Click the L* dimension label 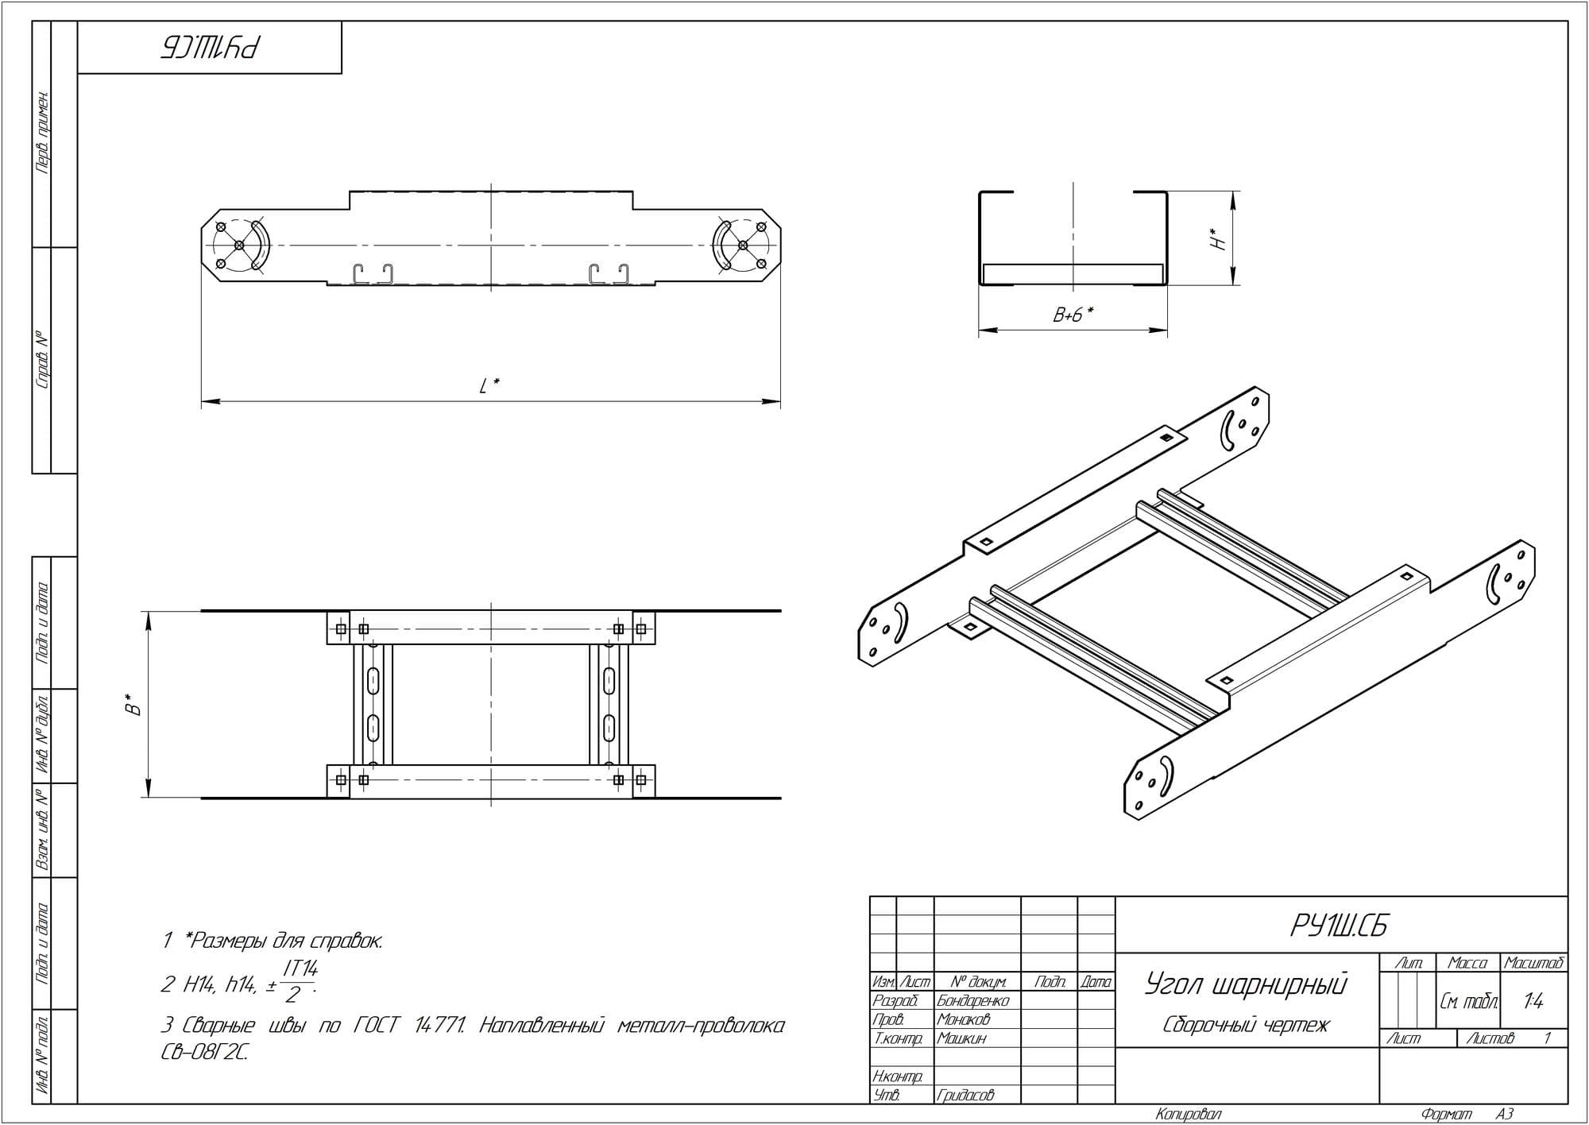click(489, 386)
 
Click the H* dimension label click(1217, 239)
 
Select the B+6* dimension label click(1073, 315)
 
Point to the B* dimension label click(135, 705)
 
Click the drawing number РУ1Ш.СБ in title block click(1340, 926)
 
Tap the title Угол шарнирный click(1246, 985)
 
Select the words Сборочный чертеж click(1246, 1025)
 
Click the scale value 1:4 click(1533, 1001)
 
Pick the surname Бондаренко click(972, 1001)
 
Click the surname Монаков click(964, 1019)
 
